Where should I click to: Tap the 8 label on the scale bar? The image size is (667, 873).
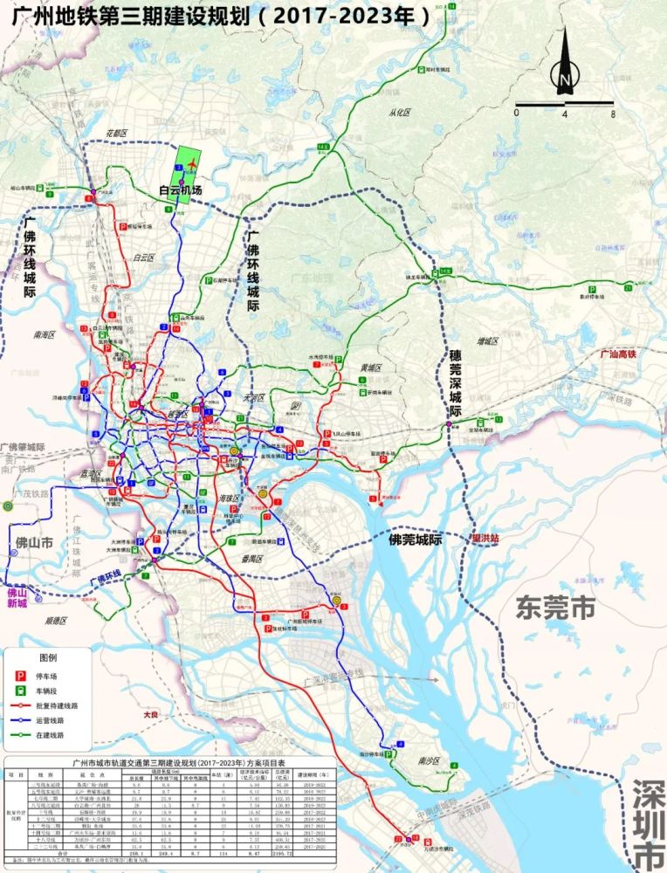[x=613, y=114]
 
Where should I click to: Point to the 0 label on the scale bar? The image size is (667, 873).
[x=516, y=114]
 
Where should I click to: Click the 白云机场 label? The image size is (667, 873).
[x=180, y=190]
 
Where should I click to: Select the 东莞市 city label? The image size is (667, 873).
[x=555, y=606]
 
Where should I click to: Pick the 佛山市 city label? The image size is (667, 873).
[x=34, y=543]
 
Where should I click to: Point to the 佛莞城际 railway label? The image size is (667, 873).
[x=416, y=540]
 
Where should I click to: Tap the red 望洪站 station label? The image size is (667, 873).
[x=485, y=539]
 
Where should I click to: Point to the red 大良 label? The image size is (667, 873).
[x=152, y=714]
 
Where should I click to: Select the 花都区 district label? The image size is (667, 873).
[x=116, y=133]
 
